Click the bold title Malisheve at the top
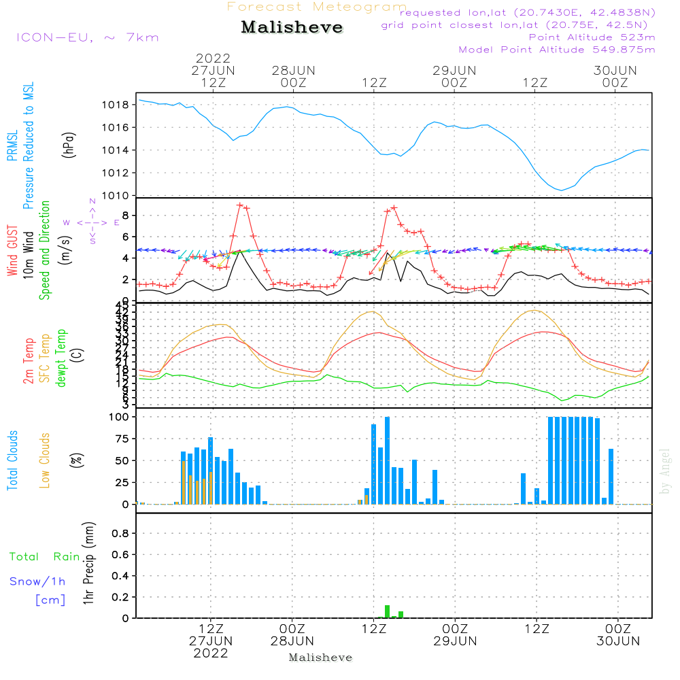(x=292, y=28)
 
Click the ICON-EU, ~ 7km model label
(x=87, y=37)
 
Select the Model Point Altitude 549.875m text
(x=557, y=50)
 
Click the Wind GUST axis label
(x=12, y=251)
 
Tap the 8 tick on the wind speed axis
(x=126, y=216)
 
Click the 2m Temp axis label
(x=29, y=360)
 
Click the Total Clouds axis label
(x=12, y=460)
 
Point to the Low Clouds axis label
(x=45, y=460)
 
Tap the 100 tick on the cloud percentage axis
(x=119, y=417)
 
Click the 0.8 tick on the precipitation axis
(x=120, y=534)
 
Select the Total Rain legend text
(x=45, y=557)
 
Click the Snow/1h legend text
(x=37, y=581)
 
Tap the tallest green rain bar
(x=387, y=611)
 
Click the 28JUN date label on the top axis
(x=293, y=71)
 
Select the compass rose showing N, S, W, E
(x=92, y=222)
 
